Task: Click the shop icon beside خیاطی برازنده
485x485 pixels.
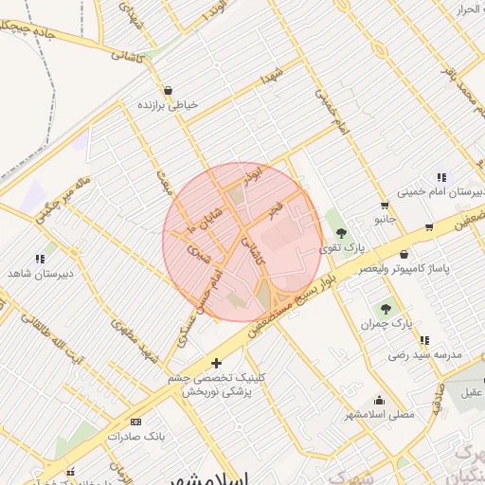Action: pos(168,91)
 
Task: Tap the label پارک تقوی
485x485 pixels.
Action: pos(340,248)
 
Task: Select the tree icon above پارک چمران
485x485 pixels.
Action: pos(385,308)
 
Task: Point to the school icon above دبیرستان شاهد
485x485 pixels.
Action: pos(40,258)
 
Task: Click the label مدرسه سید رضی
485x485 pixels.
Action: pos(423,354)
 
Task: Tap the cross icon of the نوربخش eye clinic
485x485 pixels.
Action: pos(217,363)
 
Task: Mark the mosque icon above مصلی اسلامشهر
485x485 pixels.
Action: pos(380,400)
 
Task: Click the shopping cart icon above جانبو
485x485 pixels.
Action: pos(384,205)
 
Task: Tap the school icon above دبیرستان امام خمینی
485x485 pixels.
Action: pos(440,177)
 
